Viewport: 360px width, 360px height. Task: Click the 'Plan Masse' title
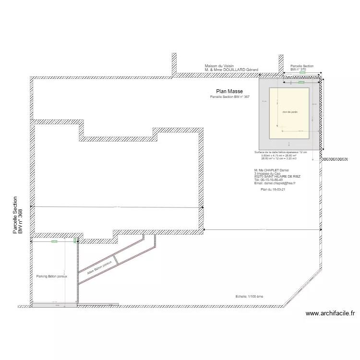pos(229,91)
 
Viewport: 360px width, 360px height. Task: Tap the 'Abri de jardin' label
pos(290,111)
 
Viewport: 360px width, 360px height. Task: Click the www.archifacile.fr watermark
pos(330,314)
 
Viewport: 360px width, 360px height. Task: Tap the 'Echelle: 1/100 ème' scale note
pos(250,297)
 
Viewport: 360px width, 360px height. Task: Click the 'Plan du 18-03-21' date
pos(273,190)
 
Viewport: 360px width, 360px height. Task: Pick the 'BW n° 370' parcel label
pos(298,70)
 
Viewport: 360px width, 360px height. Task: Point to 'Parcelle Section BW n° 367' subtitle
pos(230,97)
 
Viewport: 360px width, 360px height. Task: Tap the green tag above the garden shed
pos(301,83)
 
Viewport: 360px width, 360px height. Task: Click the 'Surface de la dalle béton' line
pos(280,152)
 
